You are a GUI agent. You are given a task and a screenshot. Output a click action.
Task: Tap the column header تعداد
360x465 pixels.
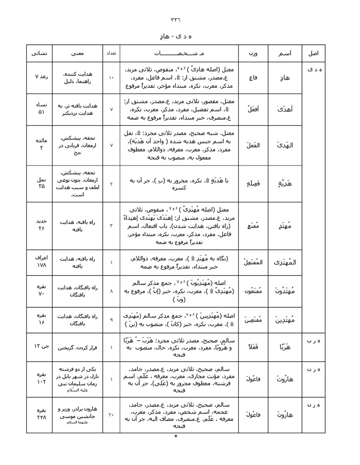(112, 53)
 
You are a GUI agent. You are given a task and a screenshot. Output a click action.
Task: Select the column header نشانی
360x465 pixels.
(39, 53)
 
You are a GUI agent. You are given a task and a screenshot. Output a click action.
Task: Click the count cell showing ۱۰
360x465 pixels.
(112, 78)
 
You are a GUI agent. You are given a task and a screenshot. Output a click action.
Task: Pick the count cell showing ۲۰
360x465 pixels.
(112, 414)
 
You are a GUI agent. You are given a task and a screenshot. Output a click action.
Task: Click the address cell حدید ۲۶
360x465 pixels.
(40, 225)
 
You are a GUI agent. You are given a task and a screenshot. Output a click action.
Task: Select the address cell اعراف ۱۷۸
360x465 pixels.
(40, 262)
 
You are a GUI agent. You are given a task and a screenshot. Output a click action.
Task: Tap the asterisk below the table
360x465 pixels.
(176, 438)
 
